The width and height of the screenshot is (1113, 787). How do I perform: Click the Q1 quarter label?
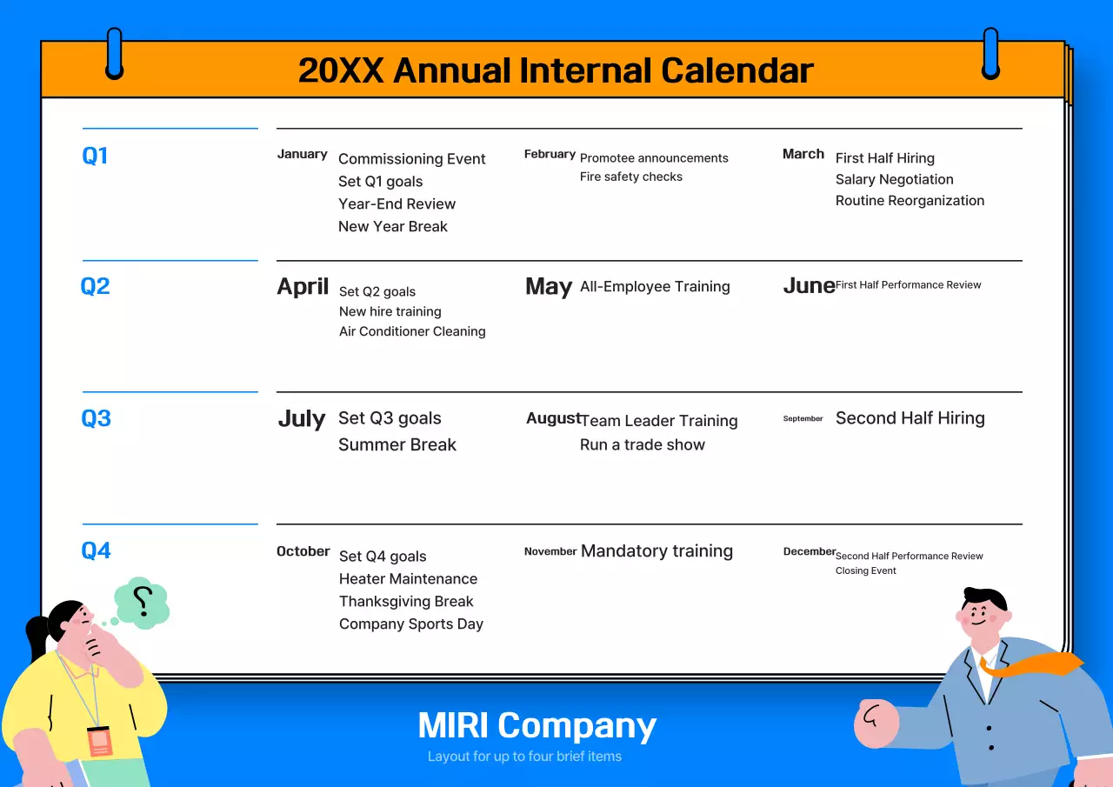click(95, 156)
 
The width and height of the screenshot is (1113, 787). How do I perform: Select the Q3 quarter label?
click(96, 418)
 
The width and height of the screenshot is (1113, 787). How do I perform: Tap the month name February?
click(550, 154)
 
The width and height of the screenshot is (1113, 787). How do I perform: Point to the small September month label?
click(803, 418)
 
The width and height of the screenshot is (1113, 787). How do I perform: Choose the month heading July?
click(302, 419)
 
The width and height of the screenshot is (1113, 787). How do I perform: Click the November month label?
click(550, 551)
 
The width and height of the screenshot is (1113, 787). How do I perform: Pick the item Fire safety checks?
click(631, 177)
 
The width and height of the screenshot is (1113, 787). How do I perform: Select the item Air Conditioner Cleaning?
click(412, 331)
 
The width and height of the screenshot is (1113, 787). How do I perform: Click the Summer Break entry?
click(397, 444)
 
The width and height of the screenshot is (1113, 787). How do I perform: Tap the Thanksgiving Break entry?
click(406, 602)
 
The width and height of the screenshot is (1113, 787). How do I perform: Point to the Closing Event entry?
click(865, 570)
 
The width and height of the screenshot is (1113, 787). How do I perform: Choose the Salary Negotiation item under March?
click(895, 179)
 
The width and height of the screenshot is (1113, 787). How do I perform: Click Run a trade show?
click(643, 444)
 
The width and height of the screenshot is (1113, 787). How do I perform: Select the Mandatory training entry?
click(656, 551)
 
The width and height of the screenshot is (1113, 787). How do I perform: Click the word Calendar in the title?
click(737, 70)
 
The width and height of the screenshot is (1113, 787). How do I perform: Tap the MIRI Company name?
click(537, 726)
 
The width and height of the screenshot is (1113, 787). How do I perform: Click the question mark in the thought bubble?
click(143, 602)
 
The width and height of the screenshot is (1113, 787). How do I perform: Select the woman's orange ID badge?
click(99, 741)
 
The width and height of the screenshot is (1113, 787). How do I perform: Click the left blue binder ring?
click(114, 53)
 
